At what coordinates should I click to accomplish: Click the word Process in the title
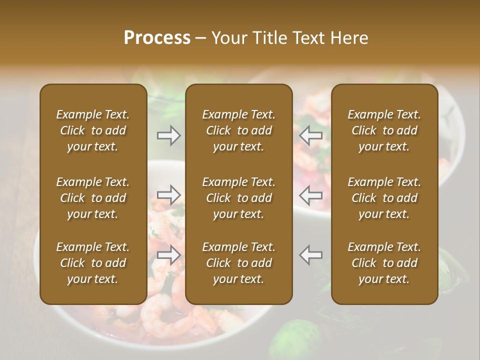point(157,38)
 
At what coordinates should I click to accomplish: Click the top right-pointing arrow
point(169,135)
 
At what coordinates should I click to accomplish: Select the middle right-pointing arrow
point(169,195)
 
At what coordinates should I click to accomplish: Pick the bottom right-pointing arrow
point(169,254)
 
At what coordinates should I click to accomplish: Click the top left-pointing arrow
point(311,135)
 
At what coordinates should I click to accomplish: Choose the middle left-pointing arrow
point(311,195)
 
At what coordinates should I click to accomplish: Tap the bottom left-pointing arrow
point(311,254)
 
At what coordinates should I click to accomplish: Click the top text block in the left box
point(93,130)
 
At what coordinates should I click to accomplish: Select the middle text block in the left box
point(93,198)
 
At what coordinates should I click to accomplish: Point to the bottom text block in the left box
point(93,263)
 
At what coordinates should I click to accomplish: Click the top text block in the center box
point(239,130)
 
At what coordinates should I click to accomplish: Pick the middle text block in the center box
point(239,198)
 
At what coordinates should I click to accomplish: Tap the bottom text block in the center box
point(239,263)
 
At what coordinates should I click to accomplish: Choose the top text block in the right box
point(384,130)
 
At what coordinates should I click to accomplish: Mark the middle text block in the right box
point(384,198)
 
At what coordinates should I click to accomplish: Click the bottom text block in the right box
point(384,263)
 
